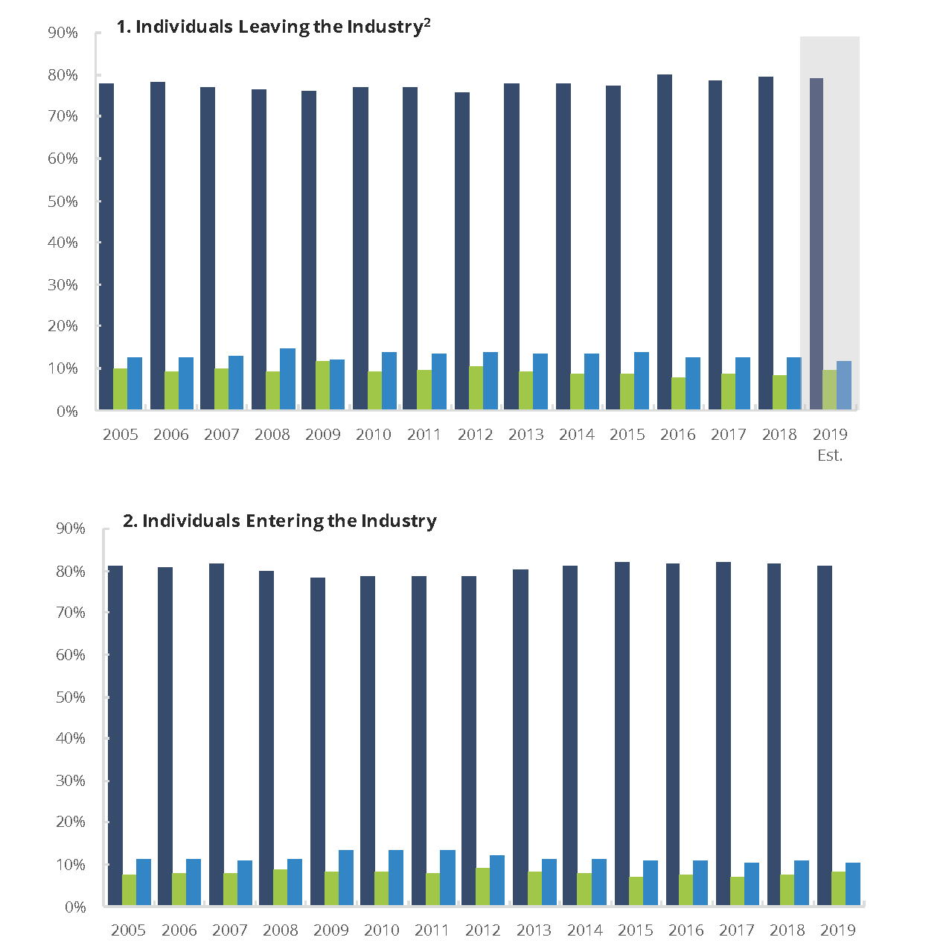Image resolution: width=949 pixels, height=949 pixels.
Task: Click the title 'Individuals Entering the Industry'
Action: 280,521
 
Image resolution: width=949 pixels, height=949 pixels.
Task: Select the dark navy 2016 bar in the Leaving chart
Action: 665,242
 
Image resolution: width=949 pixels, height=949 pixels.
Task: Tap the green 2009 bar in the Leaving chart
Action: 323,386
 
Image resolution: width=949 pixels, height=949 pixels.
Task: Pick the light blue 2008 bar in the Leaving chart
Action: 287,379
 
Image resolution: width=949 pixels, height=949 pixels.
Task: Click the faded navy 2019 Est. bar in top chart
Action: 816,243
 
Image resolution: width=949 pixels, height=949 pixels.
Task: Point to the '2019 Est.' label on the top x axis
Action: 830,444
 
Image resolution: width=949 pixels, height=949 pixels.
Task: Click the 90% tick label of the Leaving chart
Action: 63,33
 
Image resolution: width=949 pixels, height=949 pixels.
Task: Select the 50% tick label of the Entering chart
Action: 71,697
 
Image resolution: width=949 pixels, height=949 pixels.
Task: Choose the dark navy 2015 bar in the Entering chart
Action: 622,733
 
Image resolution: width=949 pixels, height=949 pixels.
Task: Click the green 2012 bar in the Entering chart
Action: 482,886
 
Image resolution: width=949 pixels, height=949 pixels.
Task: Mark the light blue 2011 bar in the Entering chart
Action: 447,878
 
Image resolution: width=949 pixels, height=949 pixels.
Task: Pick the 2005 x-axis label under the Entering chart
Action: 128,930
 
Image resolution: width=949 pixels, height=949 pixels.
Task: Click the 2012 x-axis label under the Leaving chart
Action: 475,435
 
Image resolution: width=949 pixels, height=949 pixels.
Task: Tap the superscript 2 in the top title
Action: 427,22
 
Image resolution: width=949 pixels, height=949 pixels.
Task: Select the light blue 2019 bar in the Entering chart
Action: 853,884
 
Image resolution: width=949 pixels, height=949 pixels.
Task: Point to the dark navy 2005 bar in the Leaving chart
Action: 106,246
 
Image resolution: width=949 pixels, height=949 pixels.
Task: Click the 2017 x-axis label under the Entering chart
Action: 737,930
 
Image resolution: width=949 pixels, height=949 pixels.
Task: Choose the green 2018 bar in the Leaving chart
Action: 779,392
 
